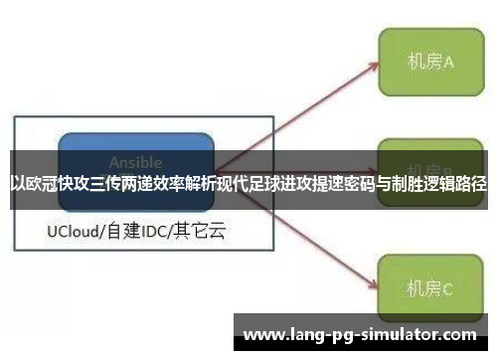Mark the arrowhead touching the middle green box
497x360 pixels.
coord(375,170)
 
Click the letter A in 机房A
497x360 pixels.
coord(448,62)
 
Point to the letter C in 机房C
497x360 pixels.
coord(448,289)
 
